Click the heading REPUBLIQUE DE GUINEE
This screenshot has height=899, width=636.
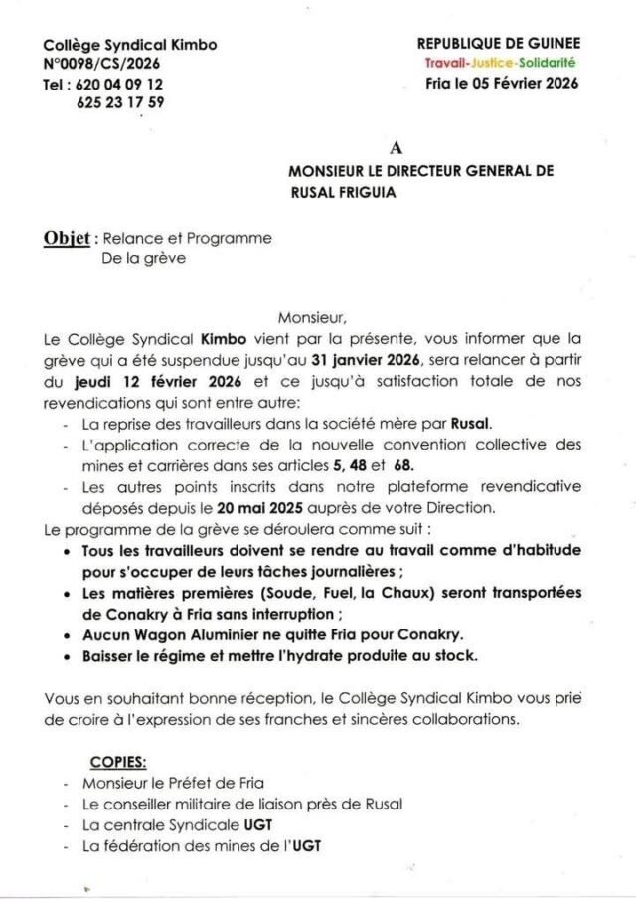pyautogui.click(x=499, y=44)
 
